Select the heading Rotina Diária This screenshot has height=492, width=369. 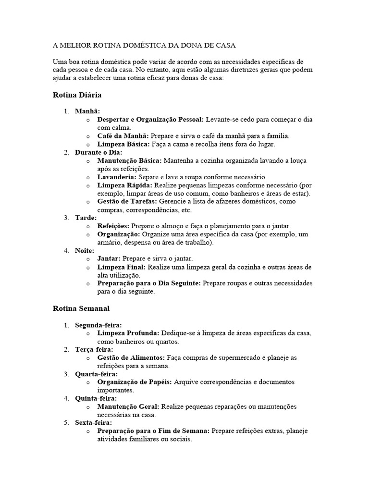(x=77, y=95)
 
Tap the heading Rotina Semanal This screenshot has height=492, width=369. (x=81, y=308)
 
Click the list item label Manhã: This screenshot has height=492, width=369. (x=87, y=111)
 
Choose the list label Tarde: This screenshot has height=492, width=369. (x=86, y=218)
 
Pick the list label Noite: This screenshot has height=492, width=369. (x=85, y=250)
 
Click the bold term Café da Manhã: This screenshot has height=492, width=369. (x=123, y=136)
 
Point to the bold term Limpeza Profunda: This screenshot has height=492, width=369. (x=128, y=333)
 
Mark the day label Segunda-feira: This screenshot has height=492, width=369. (x=98, y=325)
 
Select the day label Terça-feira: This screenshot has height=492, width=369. (x=94, y=349)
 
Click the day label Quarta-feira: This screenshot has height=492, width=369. (x=96, y=374)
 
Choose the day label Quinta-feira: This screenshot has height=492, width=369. (x=96, y=398)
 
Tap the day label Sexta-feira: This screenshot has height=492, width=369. (x=93, y=423)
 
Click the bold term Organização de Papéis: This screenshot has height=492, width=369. (x=135, y=382)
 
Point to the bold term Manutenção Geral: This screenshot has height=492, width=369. (x=128, y=406)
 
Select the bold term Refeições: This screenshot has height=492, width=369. (x=113, y=226)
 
